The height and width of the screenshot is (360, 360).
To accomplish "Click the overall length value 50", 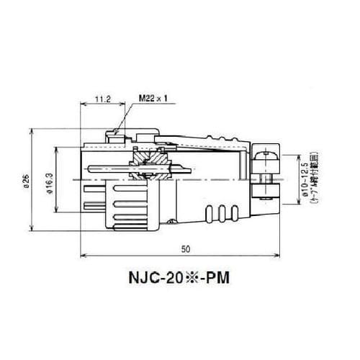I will tap(186, 249).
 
